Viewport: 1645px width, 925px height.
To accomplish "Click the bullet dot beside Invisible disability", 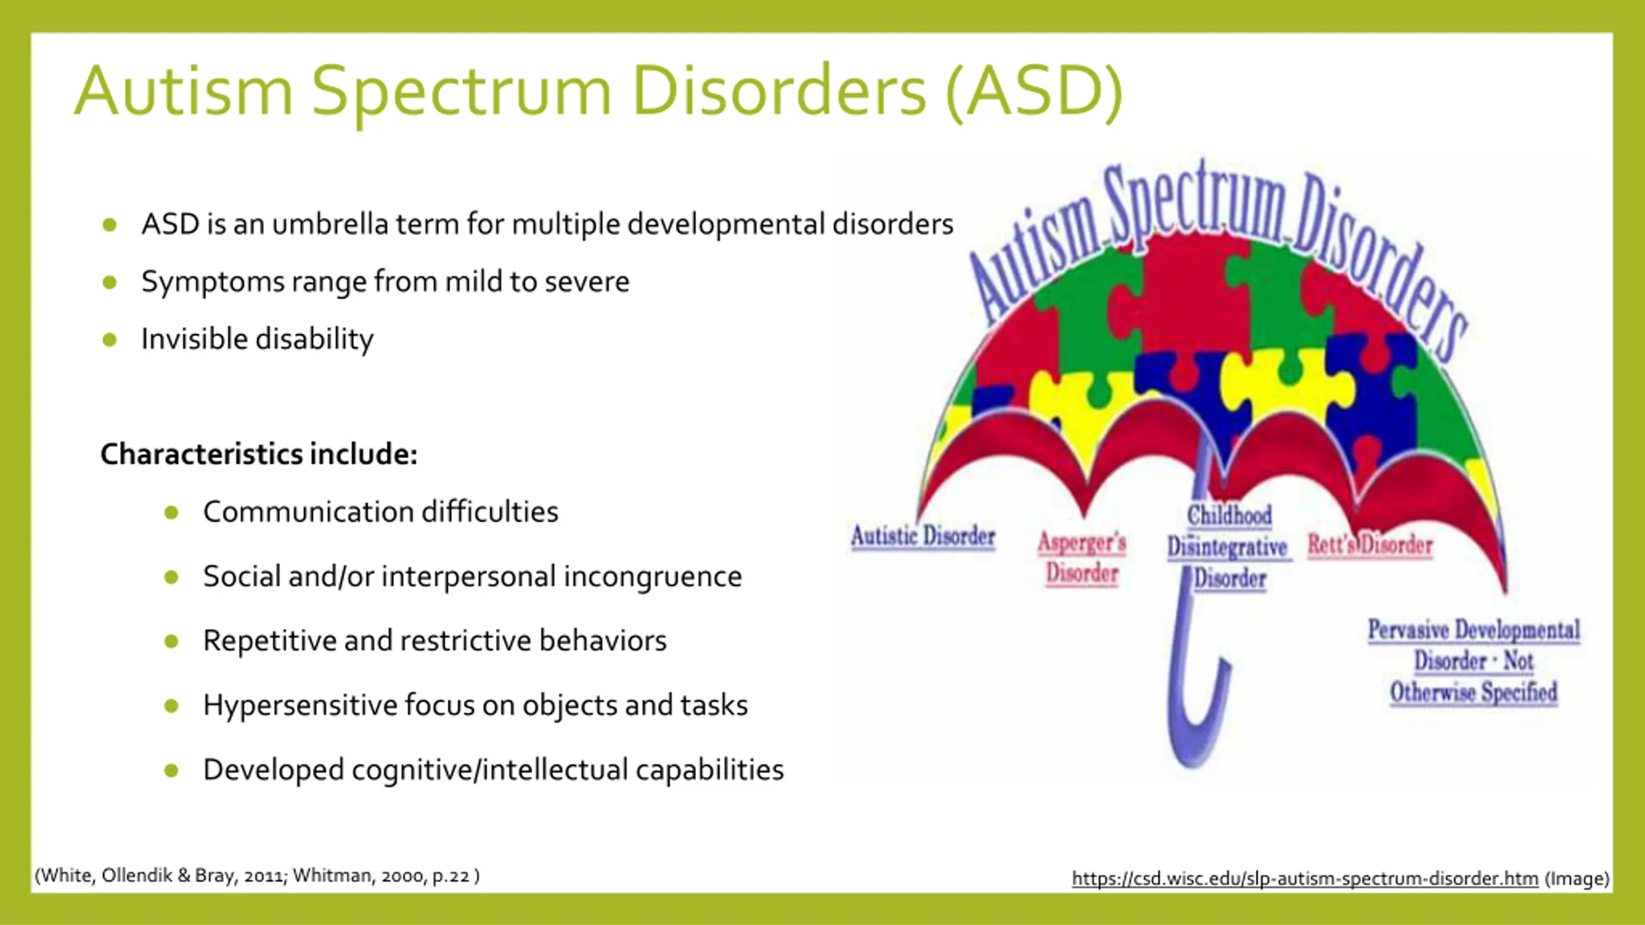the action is tap(110, 339).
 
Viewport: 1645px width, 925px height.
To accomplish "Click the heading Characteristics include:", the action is tap(259, 454).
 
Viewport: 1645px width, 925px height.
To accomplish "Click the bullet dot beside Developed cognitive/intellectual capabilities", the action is tap(171, 770).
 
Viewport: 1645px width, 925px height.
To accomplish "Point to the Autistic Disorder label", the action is tap(923, 536).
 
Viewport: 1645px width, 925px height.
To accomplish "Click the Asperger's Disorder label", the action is tap(1082, 558).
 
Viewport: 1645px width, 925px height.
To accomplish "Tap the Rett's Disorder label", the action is tap(1370, 545).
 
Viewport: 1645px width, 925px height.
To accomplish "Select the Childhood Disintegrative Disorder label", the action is tap(1228, 547).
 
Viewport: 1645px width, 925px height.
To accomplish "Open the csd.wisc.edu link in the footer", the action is tap(1304, 878).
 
